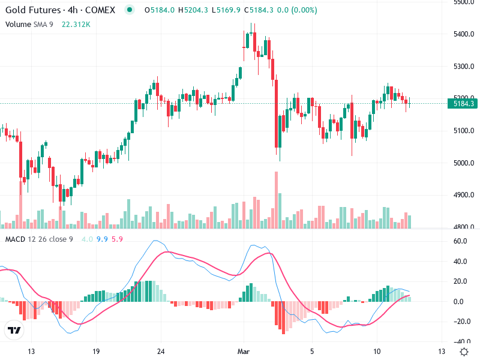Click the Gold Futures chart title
pyautogui.click(x=63, y=10)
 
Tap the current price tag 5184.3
pyautogui.click(x=464, y=104)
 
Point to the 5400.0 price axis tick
pyautogui.click(x=463, y=34)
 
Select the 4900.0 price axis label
pyautogui.click(x=463, y=195)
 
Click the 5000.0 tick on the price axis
pyautogui.click(x=463, y=163)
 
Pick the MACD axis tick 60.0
pyautogui.click(x=460, y=241)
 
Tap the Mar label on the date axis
pyautogui.click(x=244, y=351)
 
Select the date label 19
pyautogui.click(x=95, y=351)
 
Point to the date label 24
pyautogui.click(x=160, y=351)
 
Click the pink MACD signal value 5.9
pyautogui.click(x=117, y=239)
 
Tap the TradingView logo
pyautogui.click(x=14, y=331)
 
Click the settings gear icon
pyautogui.click(x=464, y=351)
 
